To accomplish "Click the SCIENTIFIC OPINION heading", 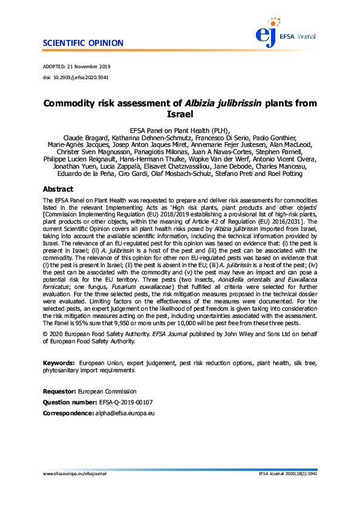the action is [x=83, y=44].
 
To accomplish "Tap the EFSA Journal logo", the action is [x=283, y=34].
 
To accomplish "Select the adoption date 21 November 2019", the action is [x=90, y=66].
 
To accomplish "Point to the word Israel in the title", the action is [x=180, y=114].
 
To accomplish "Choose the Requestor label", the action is [x=59, y=392].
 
